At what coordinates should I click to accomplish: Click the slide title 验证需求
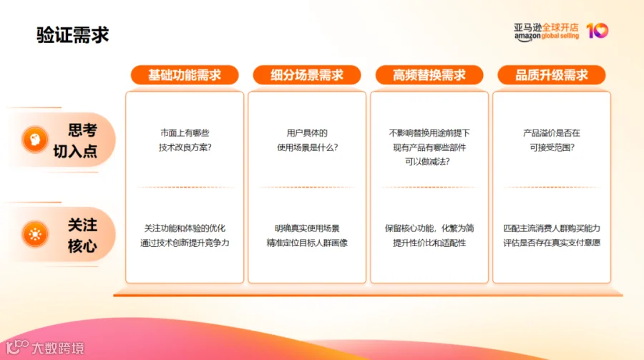point(73,34)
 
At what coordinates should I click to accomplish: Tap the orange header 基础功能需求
point(185,75)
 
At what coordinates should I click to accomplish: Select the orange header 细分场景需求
point(307,75)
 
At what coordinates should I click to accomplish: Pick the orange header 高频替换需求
point(429,75)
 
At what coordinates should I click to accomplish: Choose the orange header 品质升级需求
point(552,75)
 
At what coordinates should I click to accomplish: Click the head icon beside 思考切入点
point(35,140)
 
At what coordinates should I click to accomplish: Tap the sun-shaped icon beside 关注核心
point(35,235)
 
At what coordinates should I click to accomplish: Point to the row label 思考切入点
point(76,140)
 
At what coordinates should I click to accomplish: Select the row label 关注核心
point(82,235)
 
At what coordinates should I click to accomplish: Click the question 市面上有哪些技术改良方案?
point(185,140)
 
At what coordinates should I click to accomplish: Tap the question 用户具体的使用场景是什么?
point(307,140)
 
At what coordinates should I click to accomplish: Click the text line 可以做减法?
point(427,162)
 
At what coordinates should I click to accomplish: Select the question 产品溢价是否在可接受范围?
point(552,140)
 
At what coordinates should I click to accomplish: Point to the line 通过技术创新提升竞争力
point(185,243)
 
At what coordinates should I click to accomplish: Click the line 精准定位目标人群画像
point(307,243)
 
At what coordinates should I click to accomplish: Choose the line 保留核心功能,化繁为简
point(429,228)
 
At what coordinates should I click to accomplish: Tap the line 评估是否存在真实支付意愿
point(552,243)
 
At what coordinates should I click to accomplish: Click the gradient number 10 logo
point(597,31)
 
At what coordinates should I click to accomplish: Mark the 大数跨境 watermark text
point(57,348)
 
